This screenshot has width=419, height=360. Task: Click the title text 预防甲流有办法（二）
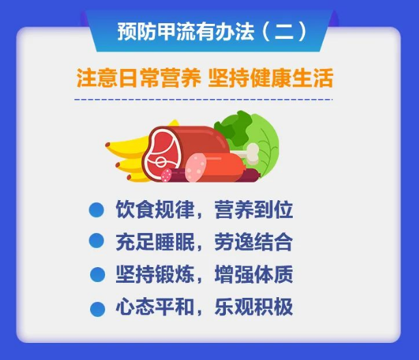(212, 31)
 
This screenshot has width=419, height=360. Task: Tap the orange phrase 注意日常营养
(139, 78)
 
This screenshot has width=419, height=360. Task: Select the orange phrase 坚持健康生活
(270, 78)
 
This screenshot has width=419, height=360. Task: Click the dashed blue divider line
(203, 100)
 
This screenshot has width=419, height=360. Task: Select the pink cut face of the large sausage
(196, 167)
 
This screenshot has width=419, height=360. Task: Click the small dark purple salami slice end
(167, 175)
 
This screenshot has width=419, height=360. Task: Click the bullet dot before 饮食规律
(96, 210)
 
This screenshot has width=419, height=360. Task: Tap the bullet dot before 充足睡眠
(96, 240)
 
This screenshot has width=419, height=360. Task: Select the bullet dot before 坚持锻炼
(98, 275)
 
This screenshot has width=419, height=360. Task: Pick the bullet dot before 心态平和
(98, 309)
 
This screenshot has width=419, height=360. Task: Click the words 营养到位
(254, 210)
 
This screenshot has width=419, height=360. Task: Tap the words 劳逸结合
(254, 242)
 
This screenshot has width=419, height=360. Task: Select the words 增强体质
(254, 274)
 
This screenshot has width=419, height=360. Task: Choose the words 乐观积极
(254, 307)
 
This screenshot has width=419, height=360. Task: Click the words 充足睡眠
(155, 242)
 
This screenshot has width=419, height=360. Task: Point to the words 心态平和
(155, 307)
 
